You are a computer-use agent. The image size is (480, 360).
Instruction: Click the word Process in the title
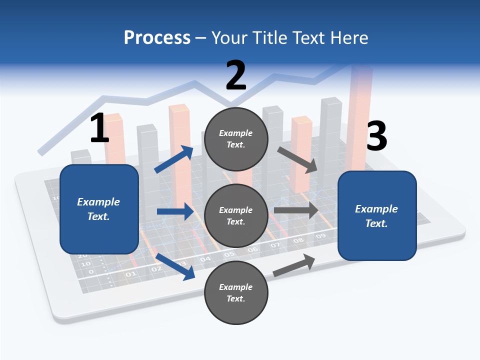157,38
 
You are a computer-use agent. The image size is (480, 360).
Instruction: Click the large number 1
99,128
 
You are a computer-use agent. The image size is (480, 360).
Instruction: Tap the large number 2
236,75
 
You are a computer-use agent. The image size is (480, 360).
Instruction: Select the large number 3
376,136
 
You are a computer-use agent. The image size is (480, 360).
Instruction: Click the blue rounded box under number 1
99,209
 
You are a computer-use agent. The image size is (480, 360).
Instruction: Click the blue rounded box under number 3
377,216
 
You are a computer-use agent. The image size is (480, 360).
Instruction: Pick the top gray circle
236,139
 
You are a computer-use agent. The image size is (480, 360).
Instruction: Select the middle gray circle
236,215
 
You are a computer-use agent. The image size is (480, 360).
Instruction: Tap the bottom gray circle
236,292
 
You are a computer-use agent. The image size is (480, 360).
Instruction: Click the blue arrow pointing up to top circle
174,159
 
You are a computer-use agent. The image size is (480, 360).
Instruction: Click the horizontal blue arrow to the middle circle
175,211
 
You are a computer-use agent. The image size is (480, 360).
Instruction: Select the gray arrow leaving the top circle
298,159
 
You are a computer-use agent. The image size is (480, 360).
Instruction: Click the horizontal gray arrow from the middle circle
296,210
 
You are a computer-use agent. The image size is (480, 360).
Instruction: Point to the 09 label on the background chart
320,235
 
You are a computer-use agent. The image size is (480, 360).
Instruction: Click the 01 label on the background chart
130,274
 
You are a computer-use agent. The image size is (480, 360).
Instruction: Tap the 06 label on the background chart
252,249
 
